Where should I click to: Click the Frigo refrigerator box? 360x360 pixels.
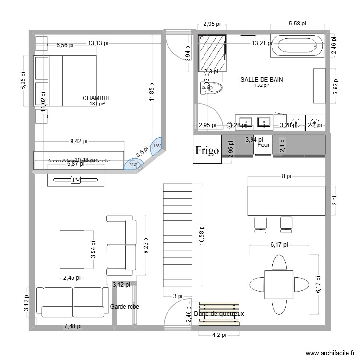[207, 150]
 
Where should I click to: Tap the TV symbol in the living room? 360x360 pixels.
[75, 180]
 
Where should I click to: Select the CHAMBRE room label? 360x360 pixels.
[96, 98]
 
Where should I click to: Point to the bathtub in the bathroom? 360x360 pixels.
[298, 46]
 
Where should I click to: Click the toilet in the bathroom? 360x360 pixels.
[212, 88]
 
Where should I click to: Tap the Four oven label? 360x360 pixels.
[264, 144]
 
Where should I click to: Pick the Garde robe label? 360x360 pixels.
[125, 306]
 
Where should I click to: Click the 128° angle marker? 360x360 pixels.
[156, 146]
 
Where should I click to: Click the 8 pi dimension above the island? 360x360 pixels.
[286, 176]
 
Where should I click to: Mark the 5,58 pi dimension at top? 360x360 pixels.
[298, 23]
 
